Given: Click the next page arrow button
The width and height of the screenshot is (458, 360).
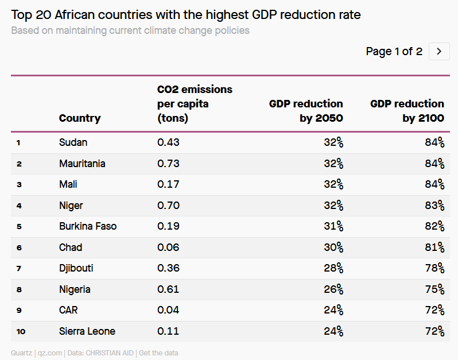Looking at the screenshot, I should tap(439, 51).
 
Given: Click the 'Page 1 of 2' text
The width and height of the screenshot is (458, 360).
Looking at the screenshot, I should tap(394, 52).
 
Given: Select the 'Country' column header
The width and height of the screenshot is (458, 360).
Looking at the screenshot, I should tap(80, 118).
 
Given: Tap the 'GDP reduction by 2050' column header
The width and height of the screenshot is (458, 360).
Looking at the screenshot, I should tap(306, 111).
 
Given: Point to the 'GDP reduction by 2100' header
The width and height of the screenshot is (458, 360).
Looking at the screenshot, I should tap(407, 111).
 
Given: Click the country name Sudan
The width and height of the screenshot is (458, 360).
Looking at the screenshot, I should tap(73, 142).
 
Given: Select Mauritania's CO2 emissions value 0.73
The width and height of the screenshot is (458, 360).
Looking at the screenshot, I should tap(168, 164).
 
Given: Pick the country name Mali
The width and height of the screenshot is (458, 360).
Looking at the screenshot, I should tap(68, 184).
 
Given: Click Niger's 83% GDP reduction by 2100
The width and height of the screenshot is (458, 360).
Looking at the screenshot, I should tap(434, 206).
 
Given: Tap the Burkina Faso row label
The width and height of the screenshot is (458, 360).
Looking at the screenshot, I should tap(88, 226).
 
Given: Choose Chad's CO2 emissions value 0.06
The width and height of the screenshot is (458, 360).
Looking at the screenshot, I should tap(168, 247).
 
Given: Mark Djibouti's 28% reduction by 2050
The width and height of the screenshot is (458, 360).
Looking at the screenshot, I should tap(333, 268).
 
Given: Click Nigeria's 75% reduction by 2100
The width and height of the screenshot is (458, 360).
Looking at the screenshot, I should tap(434, 289).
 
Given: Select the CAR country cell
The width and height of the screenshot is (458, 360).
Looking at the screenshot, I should tap(68, 310).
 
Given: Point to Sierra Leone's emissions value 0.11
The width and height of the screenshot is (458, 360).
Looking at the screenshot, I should tap(168, 331).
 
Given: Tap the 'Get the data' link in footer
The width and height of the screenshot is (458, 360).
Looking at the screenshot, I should tap(158, 353).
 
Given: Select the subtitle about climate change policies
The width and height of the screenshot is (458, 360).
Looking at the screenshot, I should tap(130, 30).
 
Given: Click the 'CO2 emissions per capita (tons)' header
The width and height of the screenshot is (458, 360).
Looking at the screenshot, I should tap(195, 104).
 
